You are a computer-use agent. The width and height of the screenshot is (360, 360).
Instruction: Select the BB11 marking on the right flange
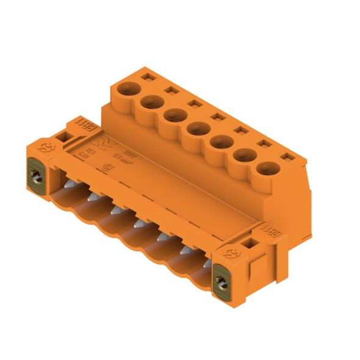[272, 232]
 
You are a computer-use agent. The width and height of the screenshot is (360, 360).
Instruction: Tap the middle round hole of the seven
[196, 128]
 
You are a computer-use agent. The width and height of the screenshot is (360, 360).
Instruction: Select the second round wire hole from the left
[150, 103]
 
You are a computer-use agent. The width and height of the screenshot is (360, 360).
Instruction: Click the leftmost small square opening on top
[147, 77]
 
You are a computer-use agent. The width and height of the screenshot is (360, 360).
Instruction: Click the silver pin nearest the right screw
[208, 263]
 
